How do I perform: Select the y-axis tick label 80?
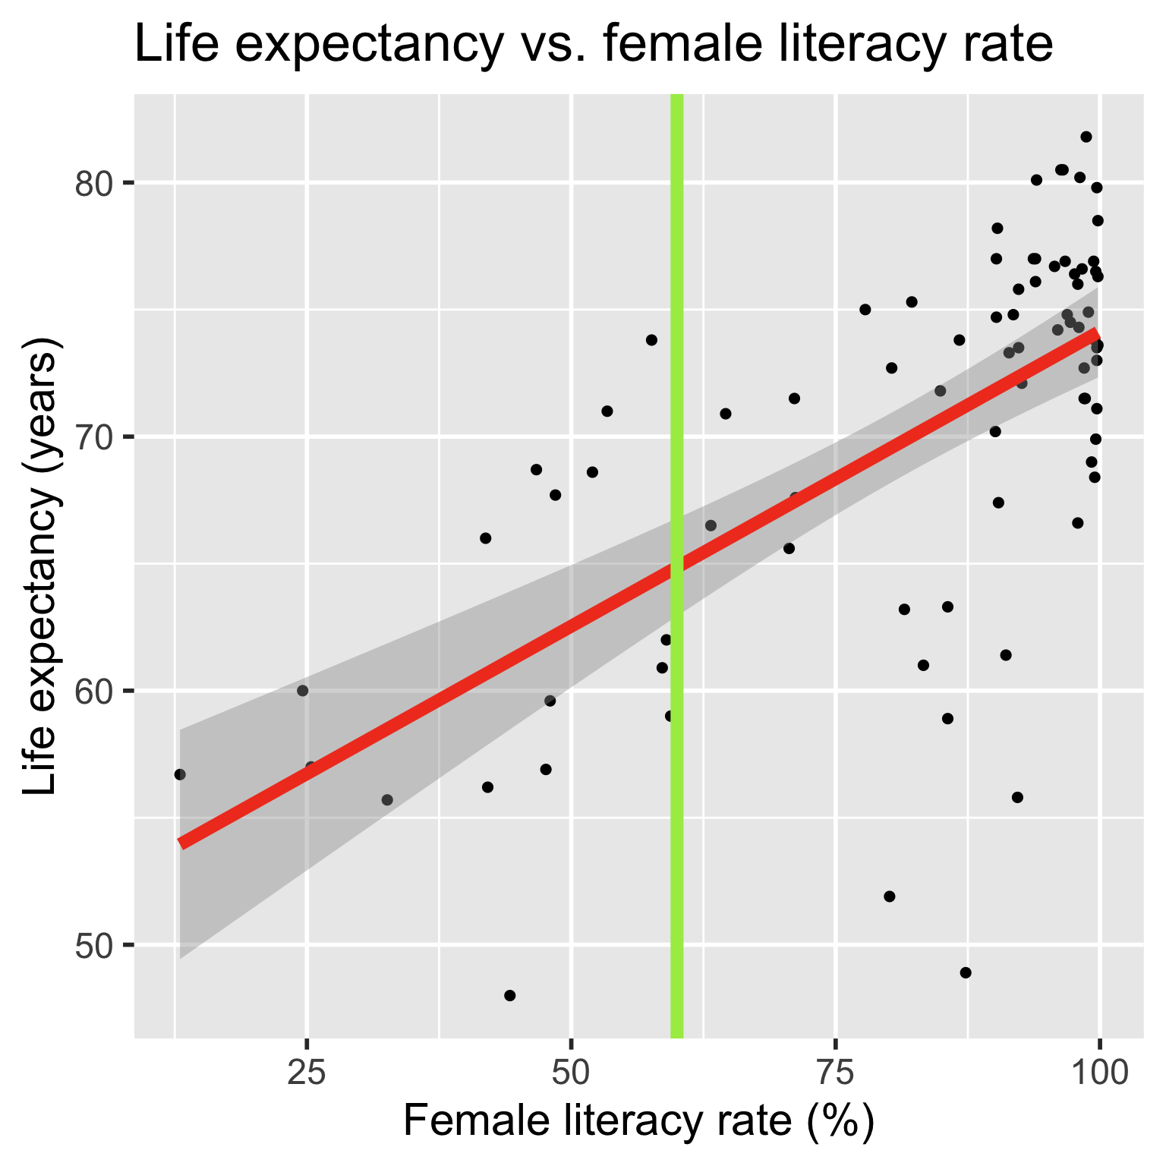(x=92, y=183)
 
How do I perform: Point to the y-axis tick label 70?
(x=92, y=437)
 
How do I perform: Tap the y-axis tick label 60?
(x=92, y=692)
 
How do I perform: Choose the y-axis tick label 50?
(x=92, y=946)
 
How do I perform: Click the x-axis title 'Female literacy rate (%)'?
(x=638, y=1122)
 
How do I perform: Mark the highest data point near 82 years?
(x=1086, y=137)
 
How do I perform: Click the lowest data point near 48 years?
(x=510, y=995)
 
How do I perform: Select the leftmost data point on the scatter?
(x=180, y=774)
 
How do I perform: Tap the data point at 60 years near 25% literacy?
(x=303, y=691)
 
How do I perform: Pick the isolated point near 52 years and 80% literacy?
(x=890, y=897)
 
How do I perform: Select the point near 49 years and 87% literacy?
(x=966, y=972)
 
